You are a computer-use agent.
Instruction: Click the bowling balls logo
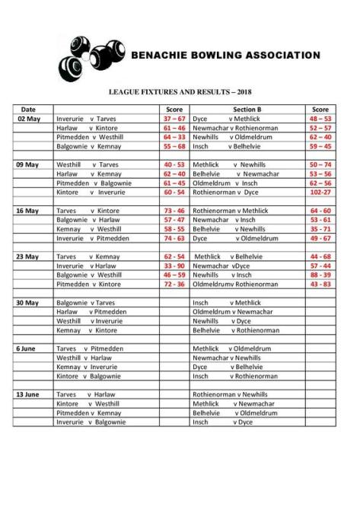click(x=91, y=59)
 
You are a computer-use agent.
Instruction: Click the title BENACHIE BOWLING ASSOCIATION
click(x=225, y=56)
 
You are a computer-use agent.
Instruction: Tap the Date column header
click(x=28, y=110)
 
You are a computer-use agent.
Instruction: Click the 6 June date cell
click(x=27, y=348)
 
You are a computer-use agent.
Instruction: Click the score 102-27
click(x=320, y=192)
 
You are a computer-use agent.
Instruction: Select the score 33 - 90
click(x=174, y=266)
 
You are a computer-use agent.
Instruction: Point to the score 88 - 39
click(x=320, y=275)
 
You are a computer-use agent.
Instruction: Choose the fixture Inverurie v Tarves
click(x=86, y=119)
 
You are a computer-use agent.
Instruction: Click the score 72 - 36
click(x=174, y=284)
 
